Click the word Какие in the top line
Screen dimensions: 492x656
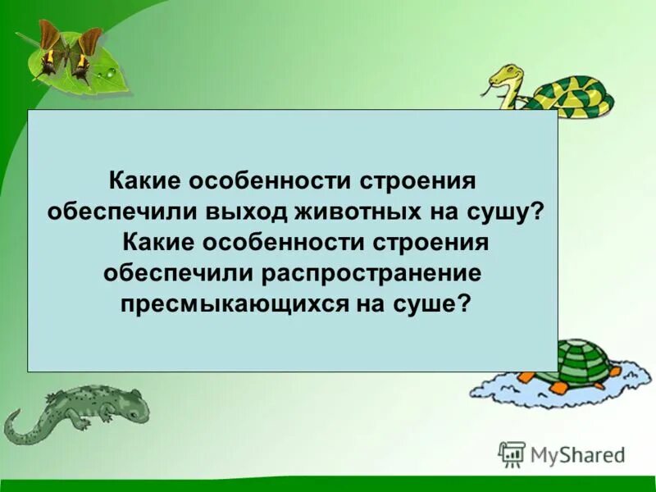[x=148, y=180]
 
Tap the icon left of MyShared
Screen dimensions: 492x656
[x=512, y=453]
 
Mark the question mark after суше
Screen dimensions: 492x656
[x=464, y=303]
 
